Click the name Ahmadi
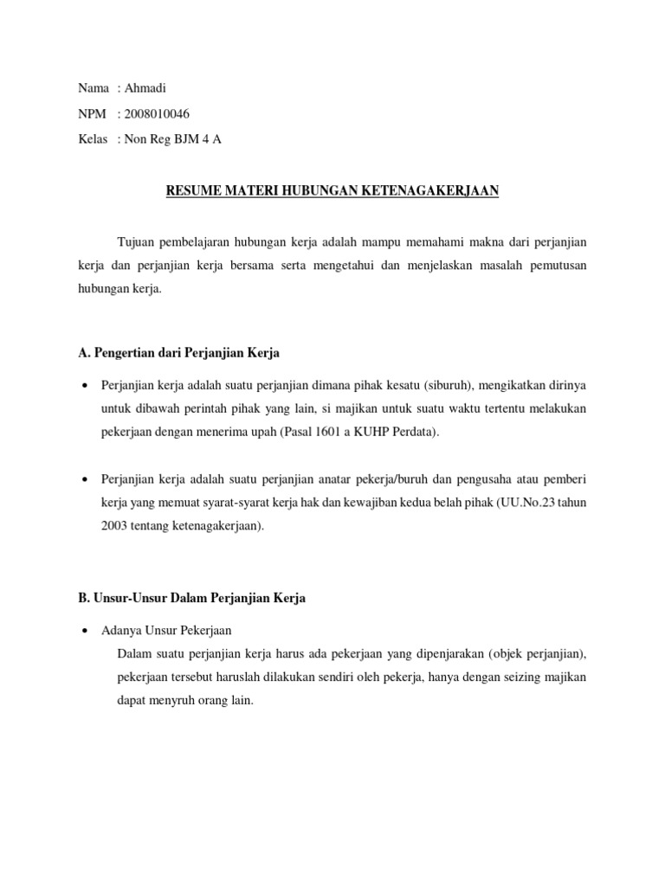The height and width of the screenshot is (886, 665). tap(145, 88)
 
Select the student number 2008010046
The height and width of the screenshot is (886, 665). tap(158, 113)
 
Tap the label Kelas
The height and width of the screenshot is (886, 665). tap(93, 138)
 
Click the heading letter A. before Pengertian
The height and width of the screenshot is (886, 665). tap(84, 353)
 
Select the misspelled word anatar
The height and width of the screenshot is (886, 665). tap(321, 478)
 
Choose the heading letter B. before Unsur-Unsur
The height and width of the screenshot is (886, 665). tap(84, 598)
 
